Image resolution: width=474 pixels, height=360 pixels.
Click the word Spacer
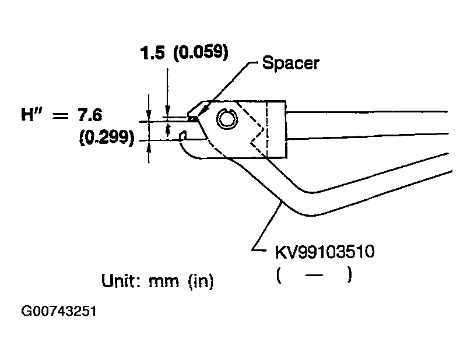290,63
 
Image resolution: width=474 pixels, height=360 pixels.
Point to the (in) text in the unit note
201,282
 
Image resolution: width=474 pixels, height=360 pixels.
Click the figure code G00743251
59,311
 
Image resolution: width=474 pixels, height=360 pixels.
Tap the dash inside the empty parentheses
314,274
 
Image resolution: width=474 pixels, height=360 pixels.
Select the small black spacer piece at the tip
191,118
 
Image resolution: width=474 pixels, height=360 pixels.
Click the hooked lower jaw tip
182,137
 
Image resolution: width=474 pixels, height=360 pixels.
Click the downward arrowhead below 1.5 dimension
168,110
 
